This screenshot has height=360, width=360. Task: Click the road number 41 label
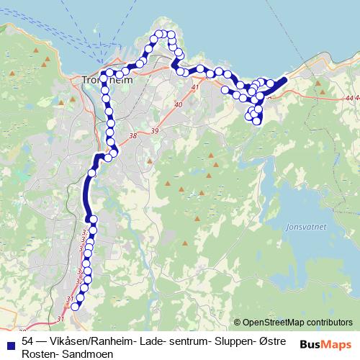click(194, 87)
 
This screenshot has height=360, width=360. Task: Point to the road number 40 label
click(179, 105)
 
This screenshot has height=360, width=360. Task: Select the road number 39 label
click(155, 131)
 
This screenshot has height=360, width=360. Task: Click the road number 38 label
click(131, 135)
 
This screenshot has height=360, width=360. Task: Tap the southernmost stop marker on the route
click(75, 307)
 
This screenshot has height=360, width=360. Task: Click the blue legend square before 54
click(10, 341)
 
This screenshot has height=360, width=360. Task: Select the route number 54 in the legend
click(28, 341)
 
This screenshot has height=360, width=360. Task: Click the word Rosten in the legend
click(38, 354)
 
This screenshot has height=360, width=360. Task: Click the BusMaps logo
click(325, 344)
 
